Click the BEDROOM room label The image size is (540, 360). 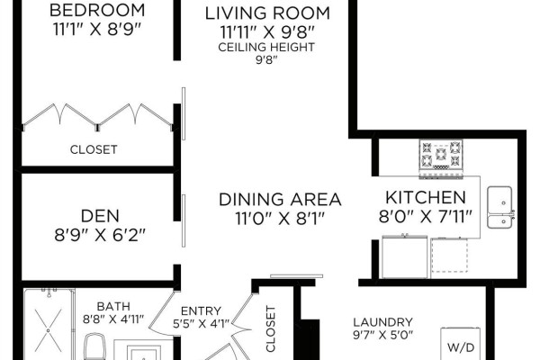click(97, 10)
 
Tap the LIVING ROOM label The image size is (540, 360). click(267, 13)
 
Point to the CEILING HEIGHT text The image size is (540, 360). click(266, 47)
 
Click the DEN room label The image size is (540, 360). click(100, 216)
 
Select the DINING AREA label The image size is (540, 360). click(280, 200)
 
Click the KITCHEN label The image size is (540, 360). click(426, 197)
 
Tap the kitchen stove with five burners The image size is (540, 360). click(441, 157)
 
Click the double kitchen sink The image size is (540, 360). click(500, 207)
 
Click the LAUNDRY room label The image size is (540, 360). click(382, 322)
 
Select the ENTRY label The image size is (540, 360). click(201, 311)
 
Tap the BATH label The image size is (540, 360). click(113, 306)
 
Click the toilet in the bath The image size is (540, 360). click(94, 346)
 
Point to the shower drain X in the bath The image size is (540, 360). click(49, 330)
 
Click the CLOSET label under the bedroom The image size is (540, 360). click(94, 149)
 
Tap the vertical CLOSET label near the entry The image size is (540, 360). click(271, 329)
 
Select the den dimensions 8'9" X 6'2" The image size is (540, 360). click(100, 236)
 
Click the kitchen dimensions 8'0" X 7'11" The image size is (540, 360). click(426, 217)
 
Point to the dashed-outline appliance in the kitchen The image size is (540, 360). click(449, 255)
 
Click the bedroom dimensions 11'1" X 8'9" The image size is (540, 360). click(97, 30)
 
